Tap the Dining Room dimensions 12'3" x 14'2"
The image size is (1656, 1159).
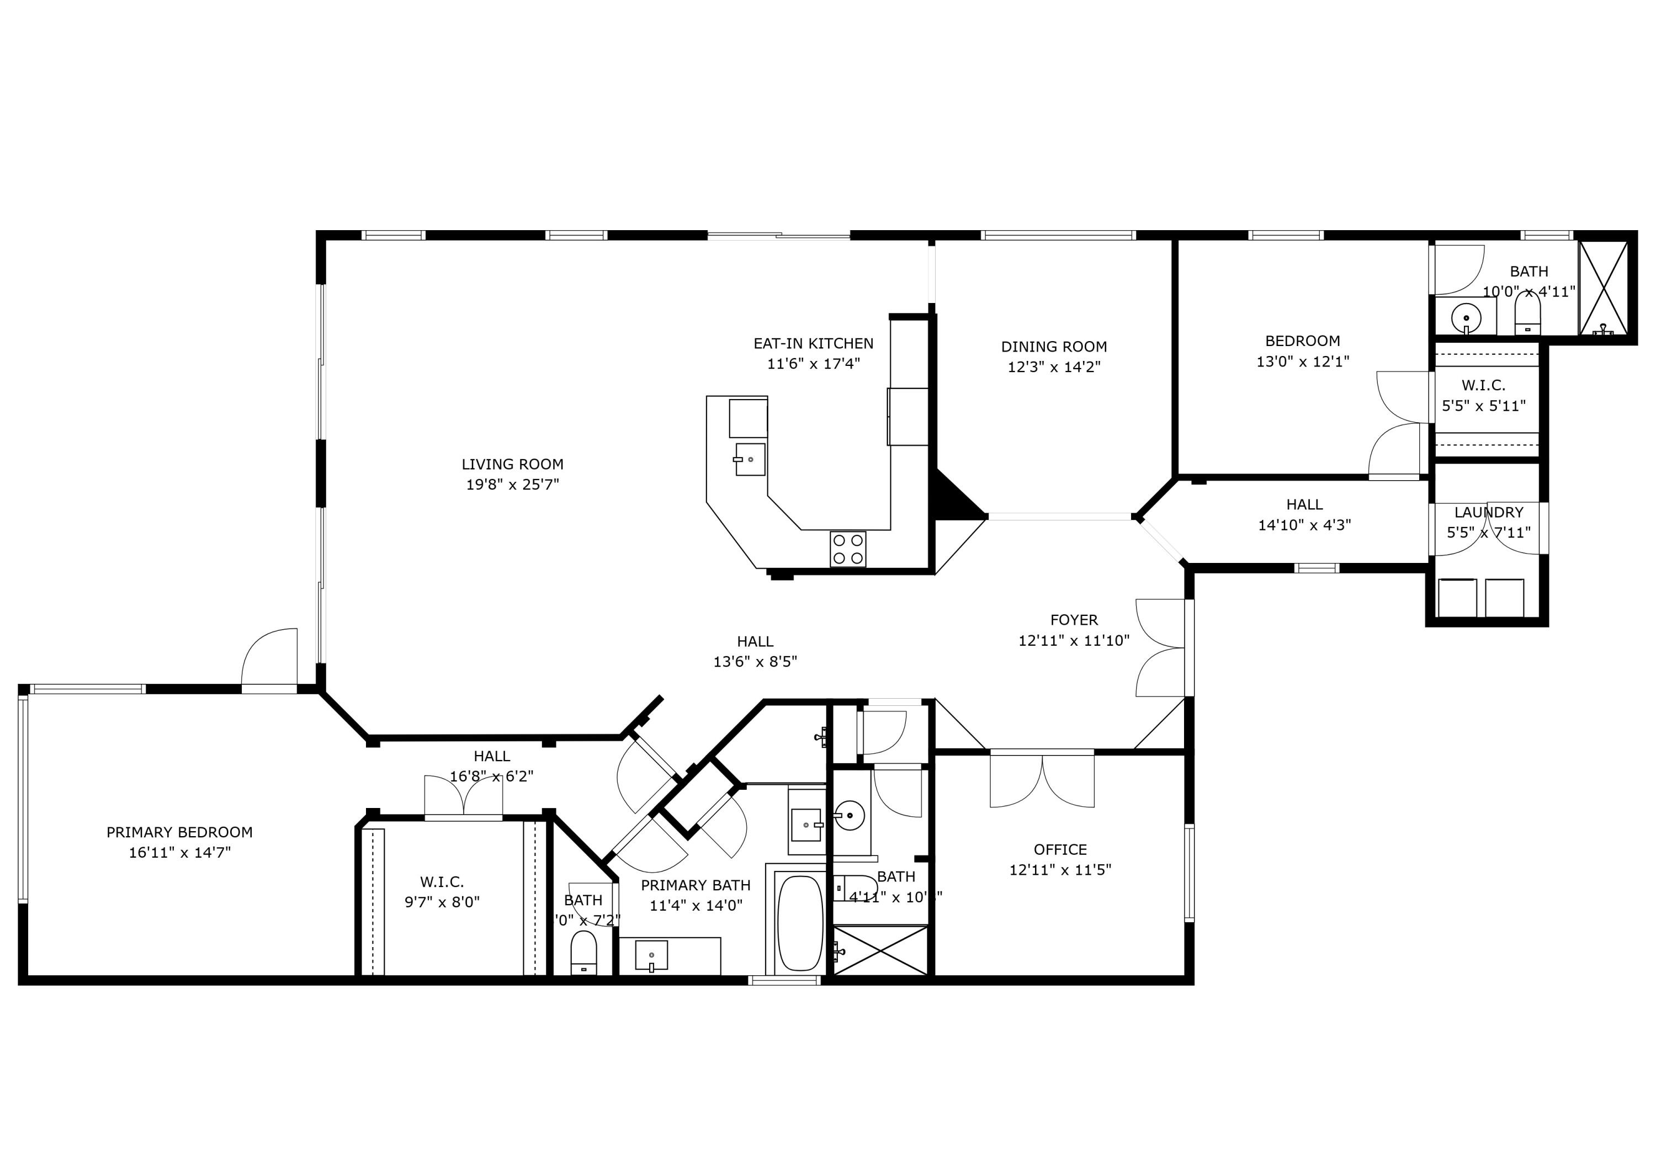coord(1054,367)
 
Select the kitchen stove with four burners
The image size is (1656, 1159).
coord(847,548)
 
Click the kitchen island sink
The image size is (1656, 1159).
coord(750,459)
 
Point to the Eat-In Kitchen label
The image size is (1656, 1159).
coord(813,344)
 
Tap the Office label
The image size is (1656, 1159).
coord(1059,849)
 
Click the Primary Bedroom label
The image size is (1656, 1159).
coord(179,832)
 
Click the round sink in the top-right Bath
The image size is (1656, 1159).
coord(1466,317)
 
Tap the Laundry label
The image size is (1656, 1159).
coord(1489,513)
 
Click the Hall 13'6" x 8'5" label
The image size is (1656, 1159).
coord(755,641)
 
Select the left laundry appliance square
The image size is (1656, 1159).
coord(1457,597)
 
